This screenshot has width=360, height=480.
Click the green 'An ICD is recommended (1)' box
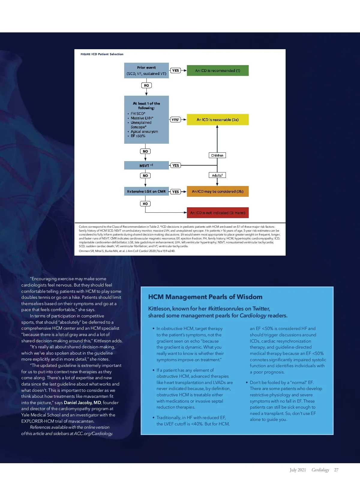pyautogui.click(x=217, y=70)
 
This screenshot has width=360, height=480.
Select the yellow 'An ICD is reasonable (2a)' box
pyautogui.click(x=217, y=119)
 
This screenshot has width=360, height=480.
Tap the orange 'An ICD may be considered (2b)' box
pyautogui.click(x=217, y=191)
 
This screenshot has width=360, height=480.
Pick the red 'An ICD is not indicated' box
pyautogui.click(x=217, y=213)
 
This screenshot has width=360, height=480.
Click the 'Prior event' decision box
pyautogui.click(x=146, y=70)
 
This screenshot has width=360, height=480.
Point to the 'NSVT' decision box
pyautogui.click(x=146, y=165)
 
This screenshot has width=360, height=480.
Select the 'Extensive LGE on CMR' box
pyautogui.click(x=146, y=191)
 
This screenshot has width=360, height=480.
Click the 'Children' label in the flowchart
pyautogui.click(x=217, y=155)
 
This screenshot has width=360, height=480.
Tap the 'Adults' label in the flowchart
pyautogui.click(x=217, y=175)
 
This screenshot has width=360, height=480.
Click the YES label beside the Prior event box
pyautogui.click(x=175, y=70)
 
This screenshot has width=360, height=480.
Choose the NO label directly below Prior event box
pyautogui.click(x=146, y=85)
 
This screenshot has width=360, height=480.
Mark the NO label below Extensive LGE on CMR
pyautogui.click(x=145, y=204)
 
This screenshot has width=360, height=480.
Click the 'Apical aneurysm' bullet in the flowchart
pyautogui.click(x=144, y=131)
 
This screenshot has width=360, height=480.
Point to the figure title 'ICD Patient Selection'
pyautogui.click(x=107, y=54)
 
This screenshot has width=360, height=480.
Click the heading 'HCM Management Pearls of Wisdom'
pyautogui.click(x=205, y=297)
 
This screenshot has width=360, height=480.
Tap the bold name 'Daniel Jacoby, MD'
pyautogui.click(x=82, y=403)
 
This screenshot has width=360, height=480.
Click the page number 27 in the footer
pyautogui.click(x=336, y=470)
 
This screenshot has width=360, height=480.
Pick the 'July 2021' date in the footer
pyautogui.click(x=298, y=470)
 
